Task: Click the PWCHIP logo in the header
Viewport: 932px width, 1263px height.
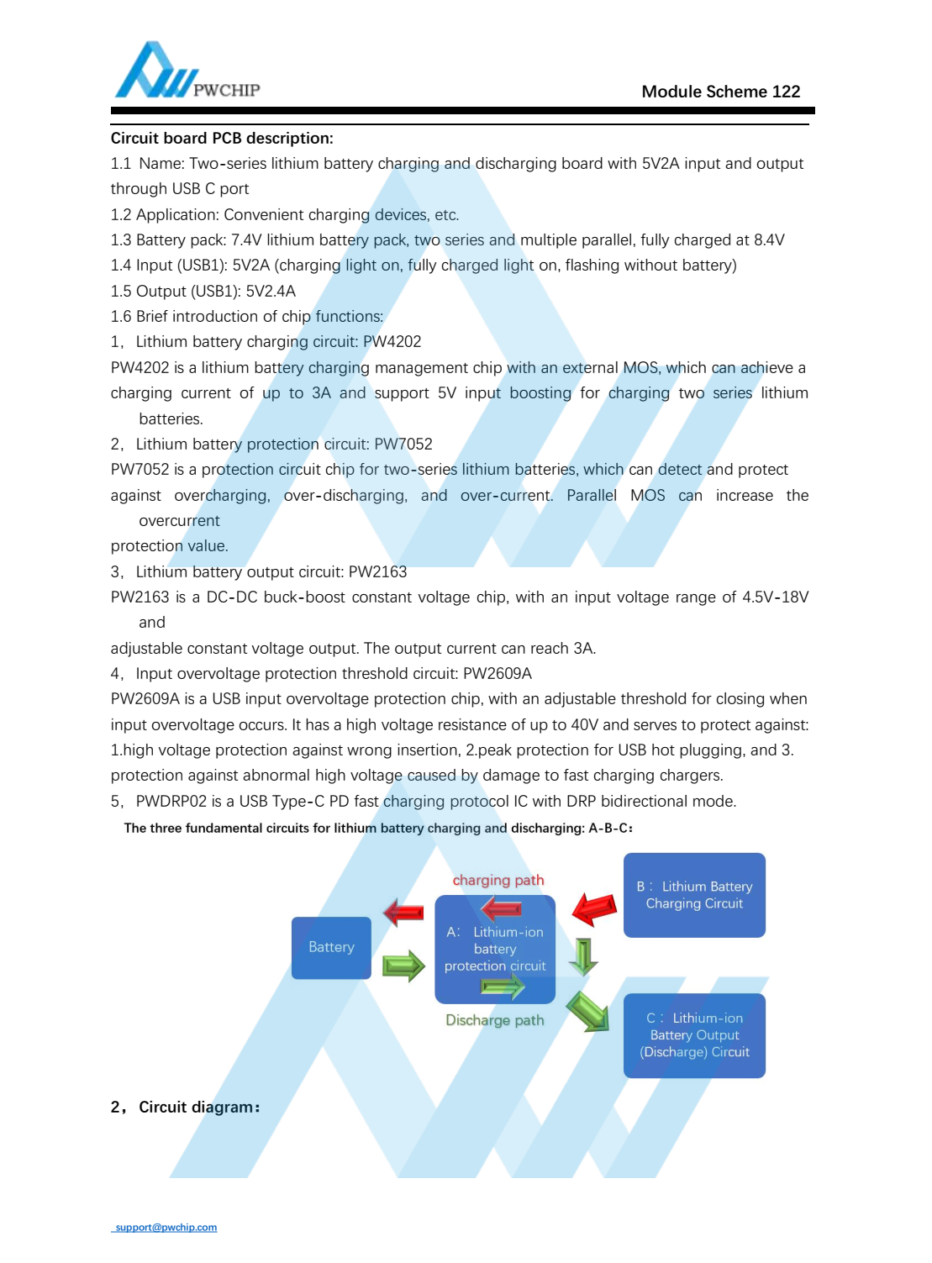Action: (187, 72)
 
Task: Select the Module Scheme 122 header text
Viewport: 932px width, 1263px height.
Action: (720, 92)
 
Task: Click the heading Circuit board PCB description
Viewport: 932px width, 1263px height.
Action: (222, 139)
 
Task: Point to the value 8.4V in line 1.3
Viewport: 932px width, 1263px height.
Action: (769, 240)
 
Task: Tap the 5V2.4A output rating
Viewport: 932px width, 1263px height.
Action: (271, 292)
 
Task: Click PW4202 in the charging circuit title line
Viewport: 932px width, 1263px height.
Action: (392, 342)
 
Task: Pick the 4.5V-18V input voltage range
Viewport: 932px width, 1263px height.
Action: (775, 597)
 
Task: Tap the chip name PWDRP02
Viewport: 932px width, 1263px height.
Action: (171, 802)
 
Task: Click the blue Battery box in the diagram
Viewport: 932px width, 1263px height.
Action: (331, 948)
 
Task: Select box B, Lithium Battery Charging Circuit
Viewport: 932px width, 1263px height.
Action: (694, 896)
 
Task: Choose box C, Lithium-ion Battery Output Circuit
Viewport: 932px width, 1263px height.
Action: (694, 1035)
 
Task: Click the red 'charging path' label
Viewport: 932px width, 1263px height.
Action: (498, 881)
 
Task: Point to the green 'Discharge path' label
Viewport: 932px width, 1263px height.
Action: (494, 1020)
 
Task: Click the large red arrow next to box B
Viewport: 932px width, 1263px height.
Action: (594, 909)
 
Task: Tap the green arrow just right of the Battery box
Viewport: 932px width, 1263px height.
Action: (403, 966)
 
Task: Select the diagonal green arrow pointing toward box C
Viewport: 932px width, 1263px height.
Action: (588, 1011)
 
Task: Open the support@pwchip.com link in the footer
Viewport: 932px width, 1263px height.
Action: (166, 1228)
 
